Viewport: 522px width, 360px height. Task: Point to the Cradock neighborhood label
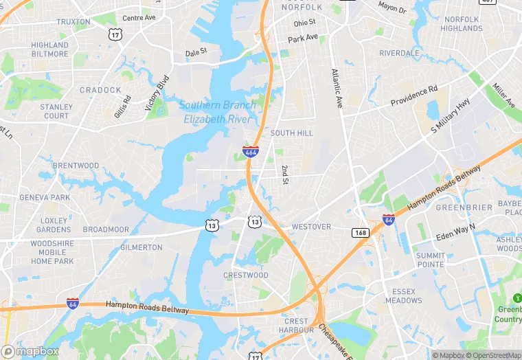point(100,90)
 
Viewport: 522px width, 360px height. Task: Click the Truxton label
point(73,22)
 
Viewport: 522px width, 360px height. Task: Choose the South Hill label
point(291,133)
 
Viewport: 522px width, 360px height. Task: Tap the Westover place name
point(310,227)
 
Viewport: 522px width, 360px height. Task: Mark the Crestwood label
point(246,275)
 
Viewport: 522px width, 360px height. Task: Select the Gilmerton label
point(141,247)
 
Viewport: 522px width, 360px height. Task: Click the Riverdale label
point(399,53)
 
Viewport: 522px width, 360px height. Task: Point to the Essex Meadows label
point(404,296)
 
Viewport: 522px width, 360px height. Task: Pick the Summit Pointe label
point(430,260)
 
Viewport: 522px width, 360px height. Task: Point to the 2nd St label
point(284,175)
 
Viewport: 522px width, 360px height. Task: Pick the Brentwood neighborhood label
point(76,166)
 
